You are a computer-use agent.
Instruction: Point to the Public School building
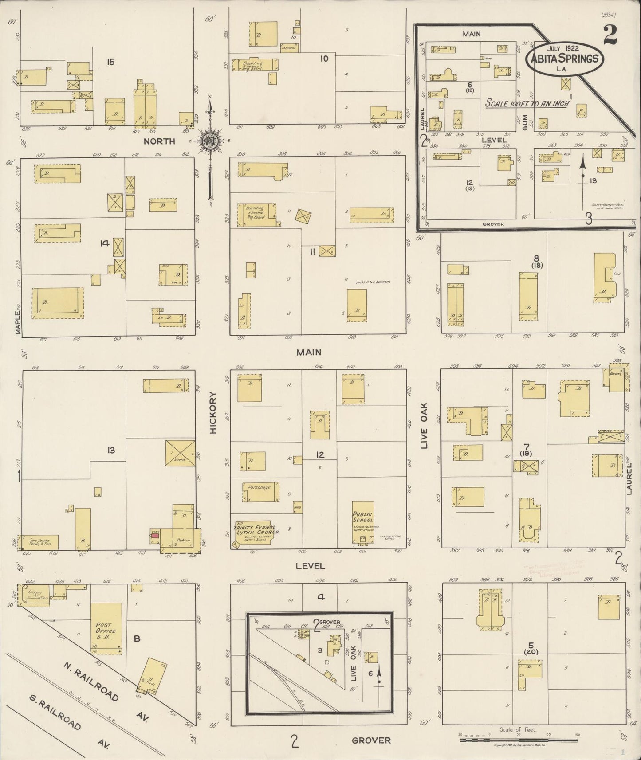[363, 522]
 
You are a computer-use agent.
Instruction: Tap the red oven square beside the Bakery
[155, 536]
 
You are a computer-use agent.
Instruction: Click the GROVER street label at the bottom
[371, 740]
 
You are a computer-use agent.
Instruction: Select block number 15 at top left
[110, 62]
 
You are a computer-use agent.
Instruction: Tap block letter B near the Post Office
[137, 639]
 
